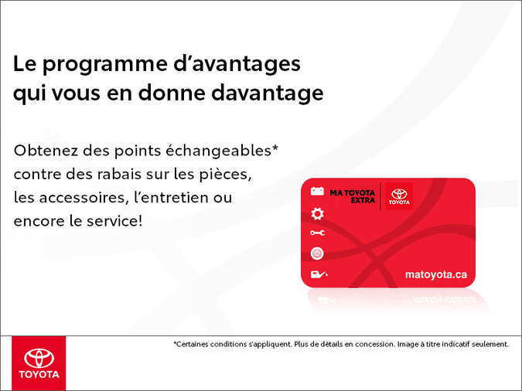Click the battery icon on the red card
tap(317, 191)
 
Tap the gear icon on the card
tap(317, 212)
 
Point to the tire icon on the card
tap(317, 253)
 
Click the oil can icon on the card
tap(317, 274)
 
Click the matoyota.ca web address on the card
tap(435, 274)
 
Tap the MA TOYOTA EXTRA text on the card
tap(352, 196)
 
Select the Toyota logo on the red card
tap(399, 196)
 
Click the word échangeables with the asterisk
tap(225, 149)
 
